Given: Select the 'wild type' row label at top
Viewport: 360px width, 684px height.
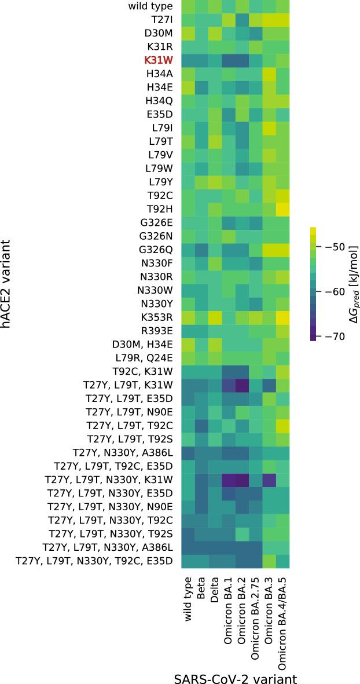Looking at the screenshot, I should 150,6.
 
